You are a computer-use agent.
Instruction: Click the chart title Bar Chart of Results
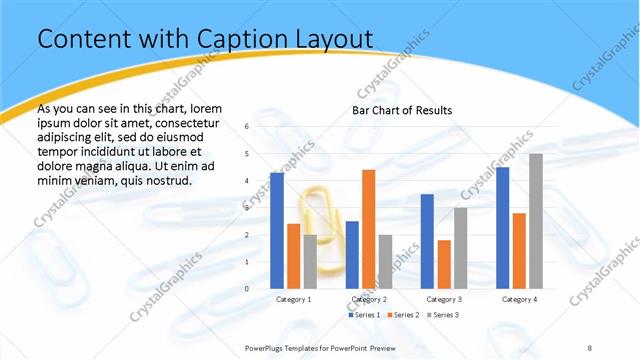tap(401, 110)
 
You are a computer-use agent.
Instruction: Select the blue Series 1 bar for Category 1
tap(277, 230)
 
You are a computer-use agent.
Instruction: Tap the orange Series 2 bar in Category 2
tap(368, 229)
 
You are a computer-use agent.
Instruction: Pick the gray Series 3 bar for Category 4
tap(536, 221)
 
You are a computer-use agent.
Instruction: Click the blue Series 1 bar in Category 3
tap(427, 241)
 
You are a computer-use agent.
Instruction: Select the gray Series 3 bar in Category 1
tap(310, 261)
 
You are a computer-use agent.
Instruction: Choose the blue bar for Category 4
tap(502, 227)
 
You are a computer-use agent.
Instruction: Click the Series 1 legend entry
tap(365, 315)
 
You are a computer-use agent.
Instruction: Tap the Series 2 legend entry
tap(404, 315)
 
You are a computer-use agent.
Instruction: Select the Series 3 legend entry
tap(444, 315)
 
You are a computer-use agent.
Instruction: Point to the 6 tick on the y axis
tap(247, 127)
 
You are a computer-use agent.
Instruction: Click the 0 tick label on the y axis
tap(247, 289)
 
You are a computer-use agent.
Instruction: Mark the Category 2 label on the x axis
tap(369, 299)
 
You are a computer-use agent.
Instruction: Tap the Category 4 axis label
tap(519, 299)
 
